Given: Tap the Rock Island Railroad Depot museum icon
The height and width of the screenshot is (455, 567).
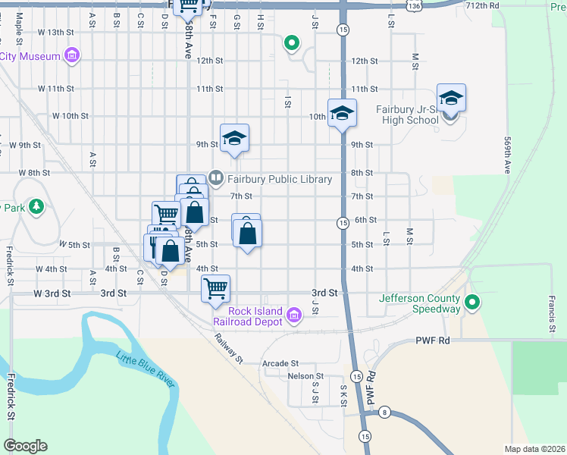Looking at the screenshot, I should coord(294,318).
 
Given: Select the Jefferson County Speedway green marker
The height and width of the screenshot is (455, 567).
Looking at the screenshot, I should coord(472,303).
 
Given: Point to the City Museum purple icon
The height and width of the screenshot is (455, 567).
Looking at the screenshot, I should coord(72,56).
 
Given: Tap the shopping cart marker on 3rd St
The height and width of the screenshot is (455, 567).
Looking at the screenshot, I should coord(216,288).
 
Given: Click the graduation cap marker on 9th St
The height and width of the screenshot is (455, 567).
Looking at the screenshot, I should coord(234,138).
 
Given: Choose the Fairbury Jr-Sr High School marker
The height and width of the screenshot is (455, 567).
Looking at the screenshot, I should coord(451,99).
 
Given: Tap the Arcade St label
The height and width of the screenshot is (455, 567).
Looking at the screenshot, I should coord(280,364).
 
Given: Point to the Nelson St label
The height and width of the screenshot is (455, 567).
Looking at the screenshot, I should coord(305,376).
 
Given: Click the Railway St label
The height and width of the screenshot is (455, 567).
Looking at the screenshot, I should coord(227,349).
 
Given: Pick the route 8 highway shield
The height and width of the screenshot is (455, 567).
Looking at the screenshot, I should coord(385,413).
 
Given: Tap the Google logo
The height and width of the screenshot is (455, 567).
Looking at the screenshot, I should coord(25,446).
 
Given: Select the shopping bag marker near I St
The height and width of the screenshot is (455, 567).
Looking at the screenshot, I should coord(247,232).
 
